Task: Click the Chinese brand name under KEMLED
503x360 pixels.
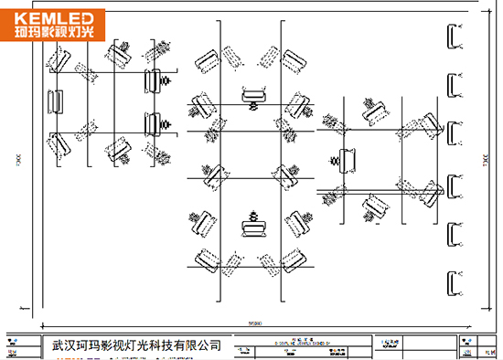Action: pyautogui.click(x=55, y=34)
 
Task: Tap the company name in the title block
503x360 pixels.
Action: pyautogui.click(x=136, y=346)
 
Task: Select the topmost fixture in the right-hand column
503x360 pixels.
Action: pyautogui.click(x=452, y=36)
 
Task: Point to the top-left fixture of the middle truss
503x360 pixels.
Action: pyautogui.click(x=205, y=61)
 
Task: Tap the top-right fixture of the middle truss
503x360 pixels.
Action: pyautogui.click(x=294, y=61)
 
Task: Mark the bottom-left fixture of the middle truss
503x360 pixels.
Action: pyautogui.click(x=205, y=259)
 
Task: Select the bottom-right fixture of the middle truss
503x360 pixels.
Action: pyautogui.click(x=294, y=259)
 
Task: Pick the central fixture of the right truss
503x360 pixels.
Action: pyautogui.click(x=348, y=158)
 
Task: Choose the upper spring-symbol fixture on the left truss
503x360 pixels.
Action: pyautogui.click(x=155, y=79)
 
